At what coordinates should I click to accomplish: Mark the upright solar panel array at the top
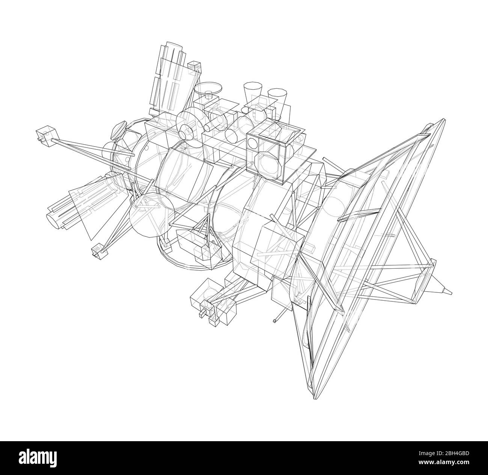pos(169,81)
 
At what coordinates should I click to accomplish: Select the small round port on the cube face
pos(253,144)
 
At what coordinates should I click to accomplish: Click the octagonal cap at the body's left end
pos(118,130)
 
